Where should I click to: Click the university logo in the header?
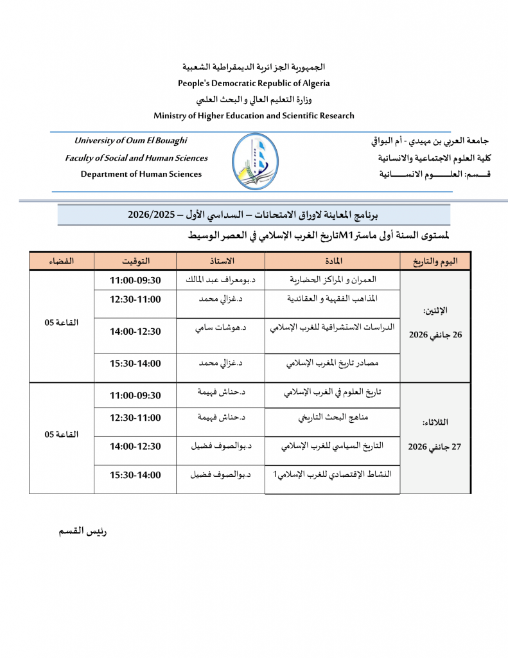point(255,162)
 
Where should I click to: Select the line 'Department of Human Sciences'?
point(141,174)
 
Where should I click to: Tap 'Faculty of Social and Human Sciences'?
point(136,158)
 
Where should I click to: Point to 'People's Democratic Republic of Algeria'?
point(254,83)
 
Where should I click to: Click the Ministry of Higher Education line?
point(254,116)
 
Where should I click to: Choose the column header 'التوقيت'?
point(136,261)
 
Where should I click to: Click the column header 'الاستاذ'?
point(220,261)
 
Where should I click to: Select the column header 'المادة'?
point(332,261)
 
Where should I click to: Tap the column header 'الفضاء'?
point(62,261)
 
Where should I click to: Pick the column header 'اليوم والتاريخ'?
point(435,261)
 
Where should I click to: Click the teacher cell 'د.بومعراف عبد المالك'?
point(221,280)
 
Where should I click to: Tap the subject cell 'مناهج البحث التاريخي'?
point(332,418)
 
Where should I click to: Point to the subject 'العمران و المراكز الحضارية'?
point(332,280)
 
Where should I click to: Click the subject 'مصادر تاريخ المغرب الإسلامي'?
point(332,363)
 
